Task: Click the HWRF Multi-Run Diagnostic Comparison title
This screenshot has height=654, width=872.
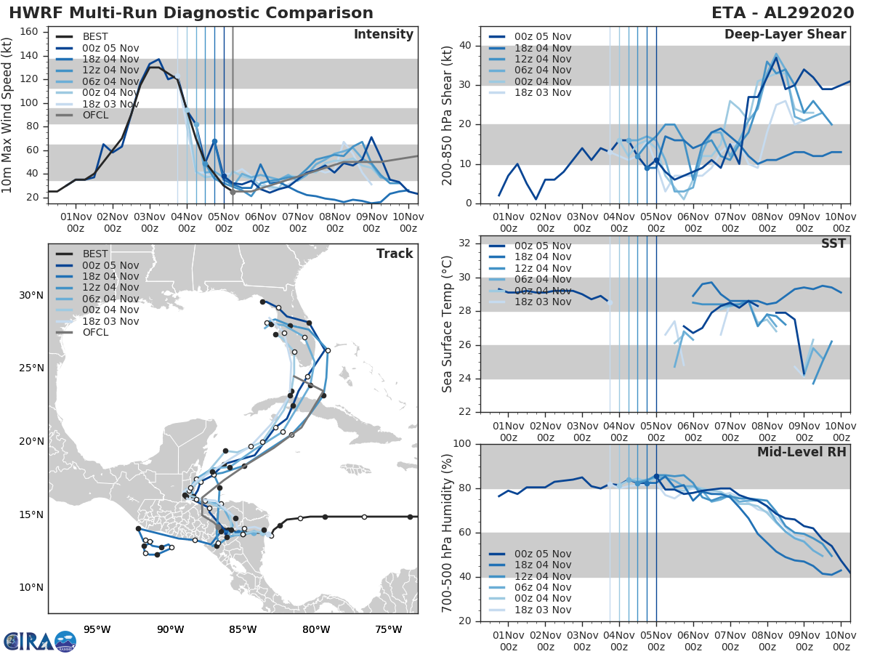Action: pyautogui.click(x=191, y=13)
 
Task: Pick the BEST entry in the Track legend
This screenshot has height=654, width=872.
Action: pyautogui.click(x=94, y=254)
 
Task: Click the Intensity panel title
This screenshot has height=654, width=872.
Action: pyautogui.click(x=383, y=35)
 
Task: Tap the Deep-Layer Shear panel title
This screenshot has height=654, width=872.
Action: pyautogui.click(x=785, y=35)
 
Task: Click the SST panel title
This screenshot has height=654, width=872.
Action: pyautogui.click(x=833, y=243)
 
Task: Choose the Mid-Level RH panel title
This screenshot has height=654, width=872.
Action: pyautogui.click(x=802, y=452)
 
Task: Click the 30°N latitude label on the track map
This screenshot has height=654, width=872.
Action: pyautogui.click(x=32, y=295)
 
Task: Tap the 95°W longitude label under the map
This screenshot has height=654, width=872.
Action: pyautogui.click(x=97, y=629)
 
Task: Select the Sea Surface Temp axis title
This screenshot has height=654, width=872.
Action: pyautogui.click(x=448, y=324)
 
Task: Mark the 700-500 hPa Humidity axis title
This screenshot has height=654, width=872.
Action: pyautogui.click(x=448, y=532)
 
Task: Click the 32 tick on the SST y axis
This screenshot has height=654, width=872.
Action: pyautogui.click(x=464, y=243)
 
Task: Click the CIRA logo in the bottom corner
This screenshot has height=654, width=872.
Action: pyautogui.click(x=40, y=641)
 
